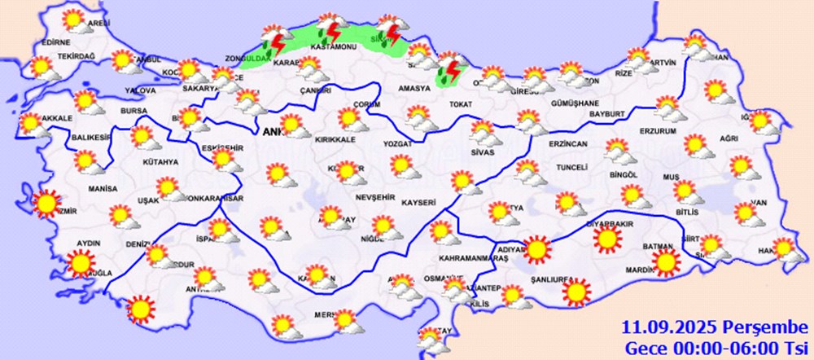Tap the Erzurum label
659,131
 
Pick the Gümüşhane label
575,103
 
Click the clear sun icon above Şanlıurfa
577,292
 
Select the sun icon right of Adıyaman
536,248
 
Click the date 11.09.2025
661,328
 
